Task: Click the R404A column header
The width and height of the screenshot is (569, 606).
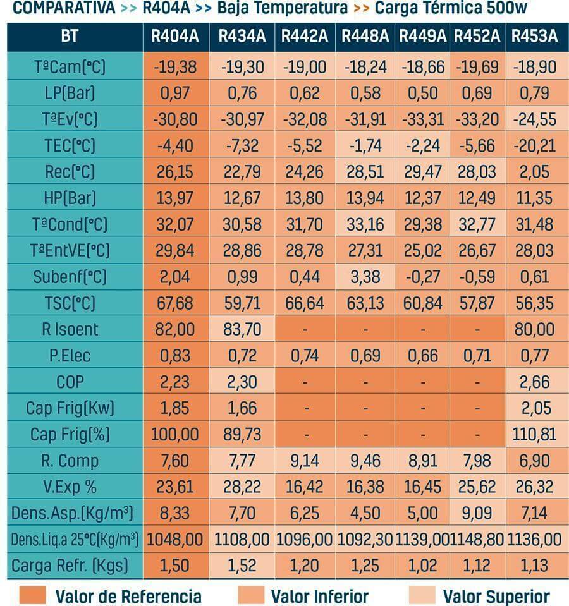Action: (x=174, y=36)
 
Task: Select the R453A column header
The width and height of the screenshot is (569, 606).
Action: (x=534, y=36)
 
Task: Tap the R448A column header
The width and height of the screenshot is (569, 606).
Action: (x=365, y=36)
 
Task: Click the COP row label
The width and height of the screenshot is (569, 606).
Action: (x=70, y=382)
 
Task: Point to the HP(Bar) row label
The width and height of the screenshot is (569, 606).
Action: (x=70, y=198)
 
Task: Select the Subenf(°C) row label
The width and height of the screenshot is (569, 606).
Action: (x=70, y=277)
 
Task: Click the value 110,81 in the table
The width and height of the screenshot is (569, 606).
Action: (x=534, y=434)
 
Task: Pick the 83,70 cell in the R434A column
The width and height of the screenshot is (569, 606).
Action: (x=242, y=329)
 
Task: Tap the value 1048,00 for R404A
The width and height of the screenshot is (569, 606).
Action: (x=174, y=539)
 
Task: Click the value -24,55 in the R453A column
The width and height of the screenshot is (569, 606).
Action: (x=534, y=119)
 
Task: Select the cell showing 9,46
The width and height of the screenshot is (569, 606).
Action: (x=365, y=461)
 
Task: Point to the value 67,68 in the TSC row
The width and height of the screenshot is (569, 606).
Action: (x=174, y=303)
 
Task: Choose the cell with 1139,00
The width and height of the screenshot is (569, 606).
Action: (x=422, y=539)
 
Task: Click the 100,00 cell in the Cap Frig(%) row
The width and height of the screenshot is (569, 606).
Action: (x=174, y=434)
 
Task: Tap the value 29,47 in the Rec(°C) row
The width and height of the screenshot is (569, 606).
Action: (x=422, y=172)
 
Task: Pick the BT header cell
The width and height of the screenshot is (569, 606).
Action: (x=70, y=36)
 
